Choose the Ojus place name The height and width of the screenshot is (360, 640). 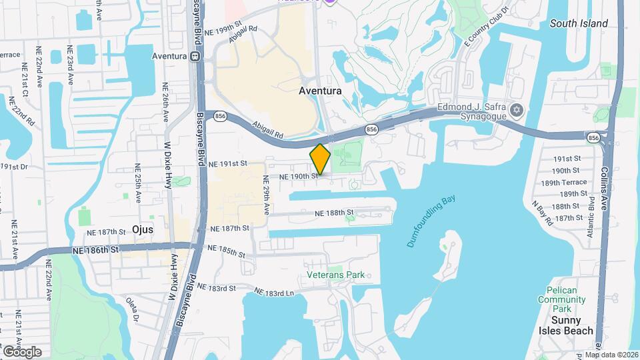click(x=143, y=229)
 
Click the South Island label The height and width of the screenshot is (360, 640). click(x=579, y=23)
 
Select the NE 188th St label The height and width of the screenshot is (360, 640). click(x=333, y=213)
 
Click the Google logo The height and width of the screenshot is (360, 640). click(x=22, y=351)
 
